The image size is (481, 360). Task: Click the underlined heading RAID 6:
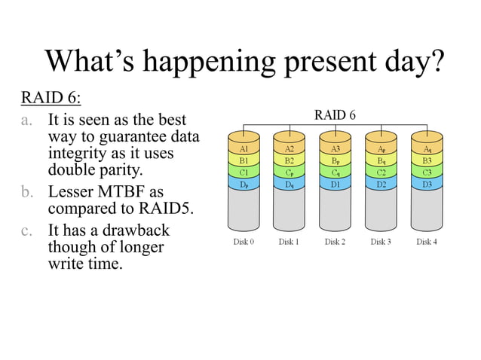tap(50, 98)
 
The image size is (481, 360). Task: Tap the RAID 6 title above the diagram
tap(335, 115)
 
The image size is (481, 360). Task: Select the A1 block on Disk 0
tap(244, 149)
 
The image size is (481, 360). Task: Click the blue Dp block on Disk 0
tap(244, 184)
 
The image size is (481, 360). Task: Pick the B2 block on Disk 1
tap(290, 160)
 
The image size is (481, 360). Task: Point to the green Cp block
tap(290, 172)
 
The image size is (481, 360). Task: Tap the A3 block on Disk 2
tap(335, 149)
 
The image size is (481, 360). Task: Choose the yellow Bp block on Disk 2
tap(335, 160)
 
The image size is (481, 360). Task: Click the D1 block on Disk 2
tap(335, 184)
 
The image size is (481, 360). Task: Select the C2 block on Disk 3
tap(381, 172)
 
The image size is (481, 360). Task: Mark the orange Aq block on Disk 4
tap(427, 149)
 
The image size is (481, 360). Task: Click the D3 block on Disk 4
tap(427, 184)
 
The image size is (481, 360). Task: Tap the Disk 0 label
tap(244, 242)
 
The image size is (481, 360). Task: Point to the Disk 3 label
tap(381, 242)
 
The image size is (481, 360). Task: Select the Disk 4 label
tap(427, 242)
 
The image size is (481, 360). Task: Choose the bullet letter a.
tap(27, 121)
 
